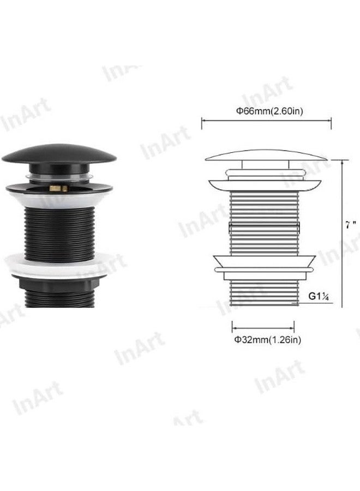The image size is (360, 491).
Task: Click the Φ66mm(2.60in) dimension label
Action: [x=269, y=111]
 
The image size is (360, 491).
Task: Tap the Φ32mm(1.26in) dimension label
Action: [x=268, y=339]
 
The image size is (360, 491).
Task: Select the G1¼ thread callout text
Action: [x=319, y=296]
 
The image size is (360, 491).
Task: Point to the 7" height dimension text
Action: [x=350, y=225]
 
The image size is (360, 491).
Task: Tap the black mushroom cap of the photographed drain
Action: [x=59, y=153]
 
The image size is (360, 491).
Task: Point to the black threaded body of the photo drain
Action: [x=59, y=234]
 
